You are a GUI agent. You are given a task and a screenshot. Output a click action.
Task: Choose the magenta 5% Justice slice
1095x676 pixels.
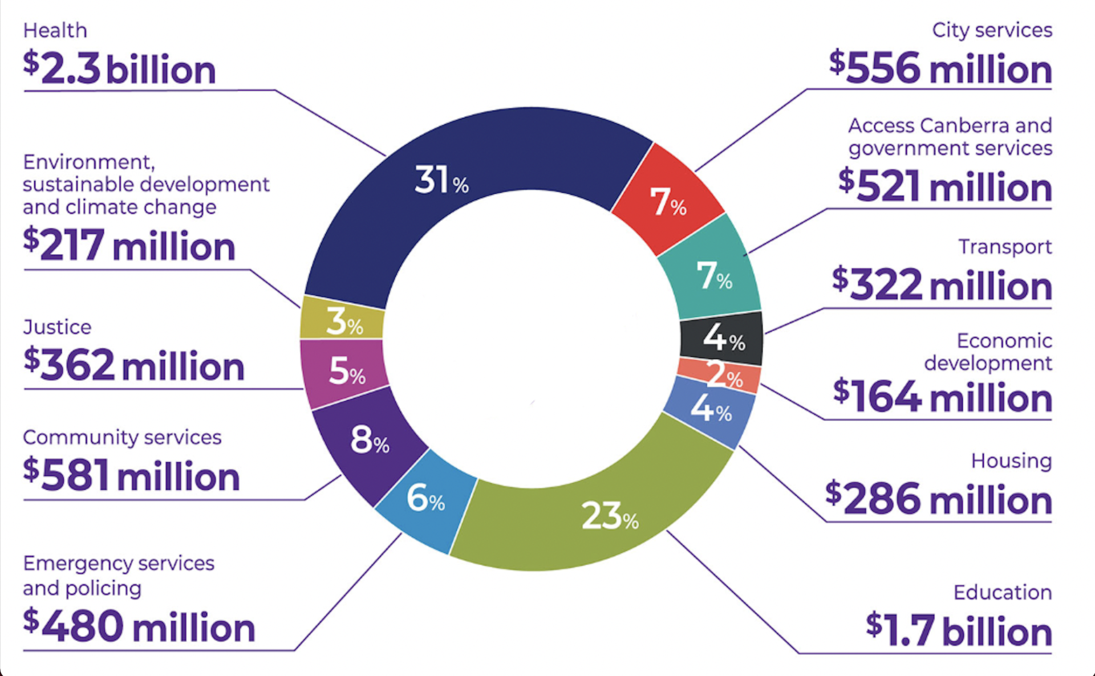344,370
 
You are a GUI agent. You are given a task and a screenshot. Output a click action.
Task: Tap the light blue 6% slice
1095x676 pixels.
425,499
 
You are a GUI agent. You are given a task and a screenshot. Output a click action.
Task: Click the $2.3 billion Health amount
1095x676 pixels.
120,68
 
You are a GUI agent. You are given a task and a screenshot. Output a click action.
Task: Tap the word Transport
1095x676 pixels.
1004,247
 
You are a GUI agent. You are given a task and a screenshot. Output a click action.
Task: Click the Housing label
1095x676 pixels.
1011,461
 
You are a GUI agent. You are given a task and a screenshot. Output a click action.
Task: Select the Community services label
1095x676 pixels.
122,437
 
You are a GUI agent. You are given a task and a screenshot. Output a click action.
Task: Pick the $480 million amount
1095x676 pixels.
139,626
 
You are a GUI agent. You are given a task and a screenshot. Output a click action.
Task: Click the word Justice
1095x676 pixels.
57,327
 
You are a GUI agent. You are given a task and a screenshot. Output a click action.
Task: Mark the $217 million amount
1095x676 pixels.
129,245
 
